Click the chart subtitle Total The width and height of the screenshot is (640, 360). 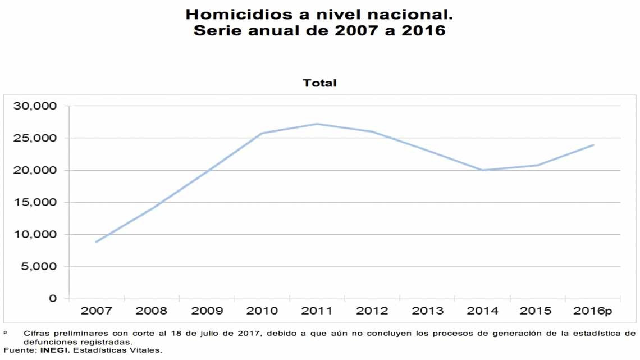(x=319, y=83)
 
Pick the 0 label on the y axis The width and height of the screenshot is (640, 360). (x=53, y=299)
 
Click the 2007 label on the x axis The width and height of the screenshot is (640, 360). (x=97, y=311)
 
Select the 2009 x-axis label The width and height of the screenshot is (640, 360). (x=207, y=311)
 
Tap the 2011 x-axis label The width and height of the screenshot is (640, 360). (x=317, y=311)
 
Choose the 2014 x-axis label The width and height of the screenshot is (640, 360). (x=482, y=311)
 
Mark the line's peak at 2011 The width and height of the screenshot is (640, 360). (x=317, y=124)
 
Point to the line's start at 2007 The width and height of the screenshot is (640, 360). (x=97, y=241)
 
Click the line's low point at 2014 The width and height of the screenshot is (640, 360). (x=482, y=170)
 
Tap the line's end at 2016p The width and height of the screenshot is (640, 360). (x=593, y=145)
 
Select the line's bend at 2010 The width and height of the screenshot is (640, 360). (x=262, y=133)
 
